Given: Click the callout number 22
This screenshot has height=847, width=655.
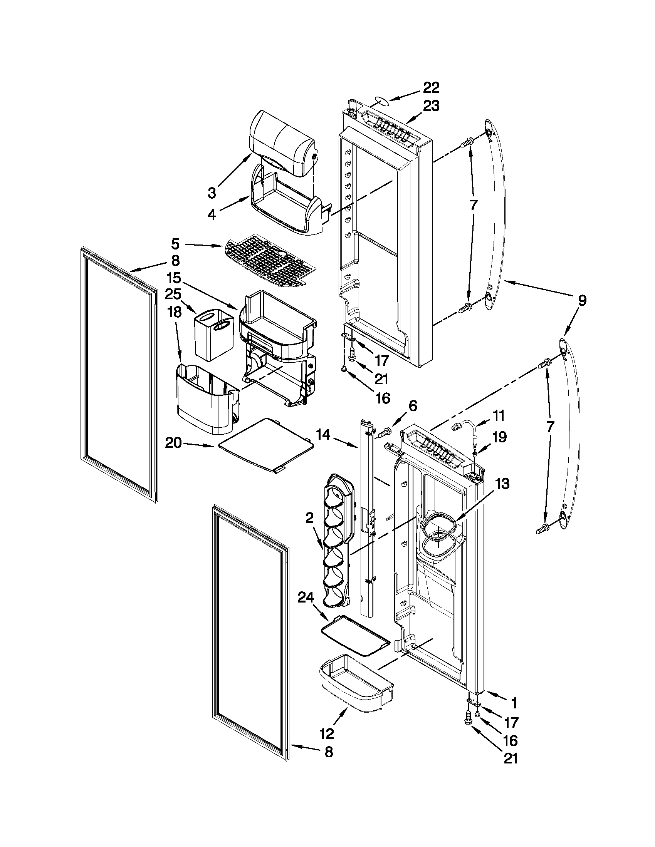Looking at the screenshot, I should [x=431, y=88].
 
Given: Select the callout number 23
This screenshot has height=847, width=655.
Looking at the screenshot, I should [x=431, y=106].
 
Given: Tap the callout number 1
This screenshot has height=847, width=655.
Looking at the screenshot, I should [x=513, y=703].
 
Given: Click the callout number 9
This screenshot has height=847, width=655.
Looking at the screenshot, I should [x=581, y=301].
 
